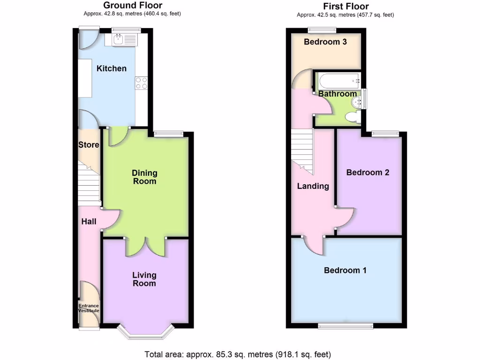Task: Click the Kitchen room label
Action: point(112,68)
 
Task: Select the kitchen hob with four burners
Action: point(141,82)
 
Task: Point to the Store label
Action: point(89,144)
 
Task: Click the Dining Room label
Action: point(144,177)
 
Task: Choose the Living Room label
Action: point(144,279)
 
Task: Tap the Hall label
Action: point(89,221)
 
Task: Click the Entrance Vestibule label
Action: point(88,308)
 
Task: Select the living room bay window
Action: point(145,332)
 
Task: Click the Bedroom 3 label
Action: point(325,42)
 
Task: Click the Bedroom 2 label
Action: point(367,172)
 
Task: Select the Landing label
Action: point(313,186)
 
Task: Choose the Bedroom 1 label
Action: point(345,270)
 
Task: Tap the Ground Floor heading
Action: point(133,6)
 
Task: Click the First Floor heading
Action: point(346,7)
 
